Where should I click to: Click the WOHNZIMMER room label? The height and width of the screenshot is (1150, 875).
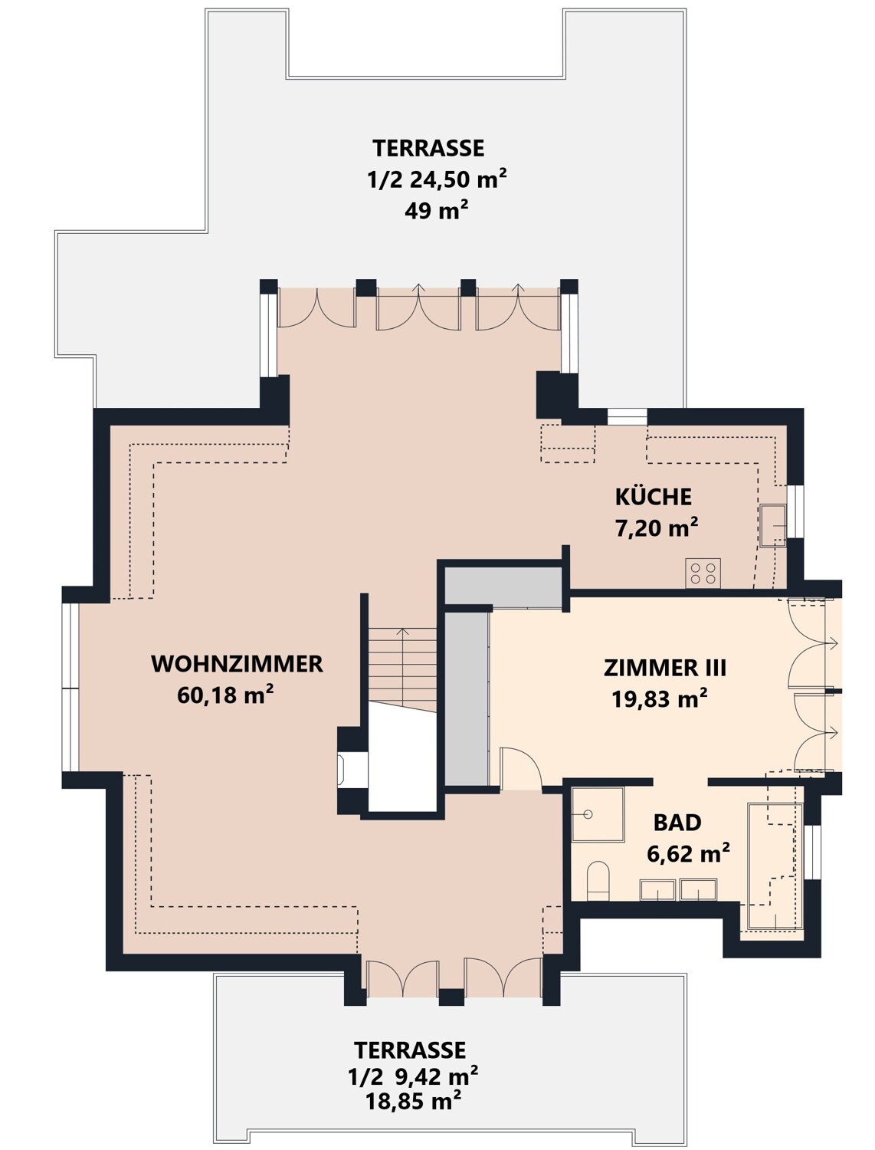click(237, 664)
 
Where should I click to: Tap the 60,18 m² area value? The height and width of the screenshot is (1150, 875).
click(225, 695)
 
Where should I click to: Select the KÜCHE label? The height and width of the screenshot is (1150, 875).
click(653, 497)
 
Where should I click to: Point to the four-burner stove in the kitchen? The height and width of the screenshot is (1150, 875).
click(703, 573)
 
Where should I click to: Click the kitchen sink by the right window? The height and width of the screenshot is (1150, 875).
click(772, 525)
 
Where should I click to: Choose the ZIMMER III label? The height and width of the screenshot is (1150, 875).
click(664, 668)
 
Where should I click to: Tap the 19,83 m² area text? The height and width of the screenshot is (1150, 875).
click(659, 698)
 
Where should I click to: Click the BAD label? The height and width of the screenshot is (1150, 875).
click(677, 823)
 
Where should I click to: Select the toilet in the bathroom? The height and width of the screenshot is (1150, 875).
click(597, 879)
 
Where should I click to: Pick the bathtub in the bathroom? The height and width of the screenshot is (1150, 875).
click(774, 866)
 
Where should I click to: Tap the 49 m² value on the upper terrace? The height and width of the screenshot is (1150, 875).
click(436, 210)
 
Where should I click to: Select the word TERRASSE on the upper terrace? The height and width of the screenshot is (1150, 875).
click(428, 147)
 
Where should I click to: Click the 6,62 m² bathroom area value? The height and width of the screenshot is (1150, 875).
click(687, 853)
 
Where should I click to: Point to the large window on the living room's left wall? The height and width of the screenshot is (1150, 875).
click(70, 688)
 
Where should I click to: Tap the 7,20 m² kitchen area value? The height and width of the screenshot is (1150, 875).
click(657, 528)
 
